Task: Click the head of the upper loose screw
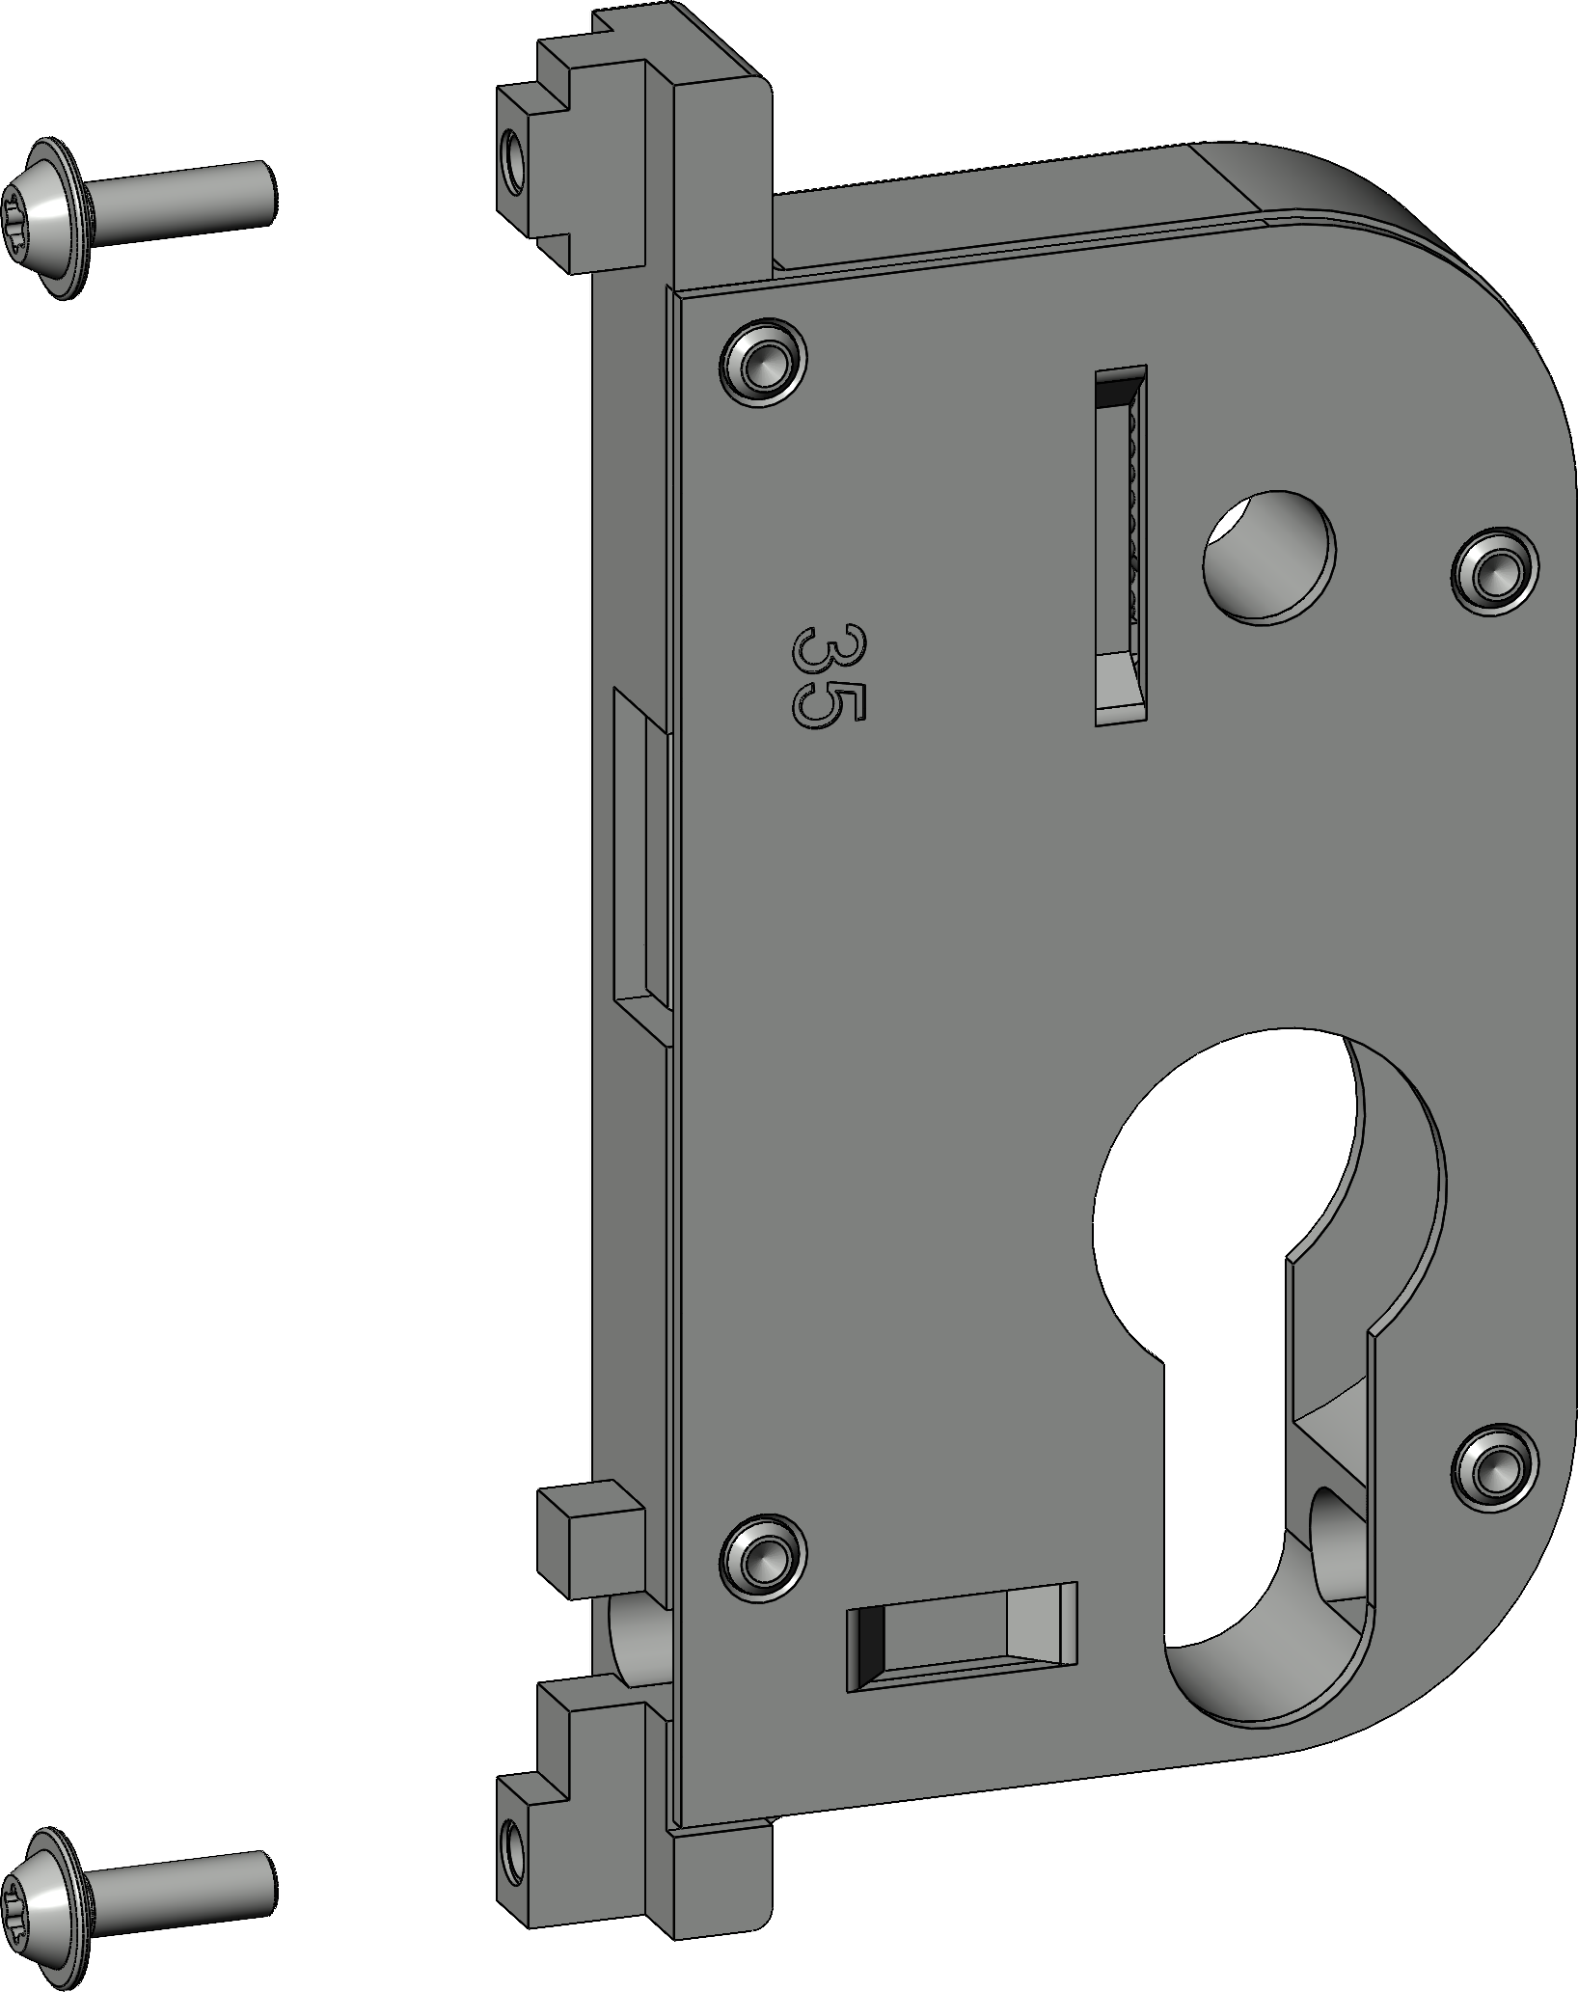pyautogui.click(x=45, y=220)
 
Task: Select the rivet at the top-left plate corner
pyautogui.click(x=764, y=361)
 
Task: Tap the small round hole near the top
pyautogui.click(x=1269, y=556)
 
